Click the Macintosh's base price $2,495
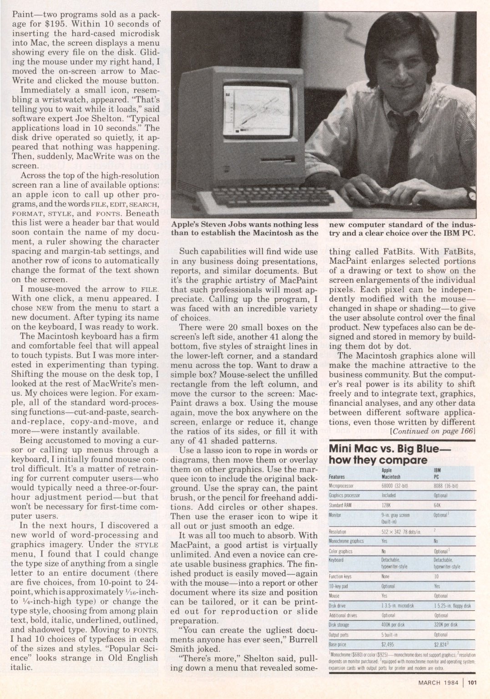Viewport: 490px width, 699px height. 388,645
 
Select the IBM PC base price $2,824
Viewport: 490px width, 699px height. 442,645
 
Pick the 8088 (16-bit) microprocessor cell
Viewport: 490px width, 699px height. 446,485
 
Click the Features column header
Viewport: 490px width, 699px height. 336,477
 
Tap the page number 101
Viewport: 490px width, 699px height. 471,682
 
